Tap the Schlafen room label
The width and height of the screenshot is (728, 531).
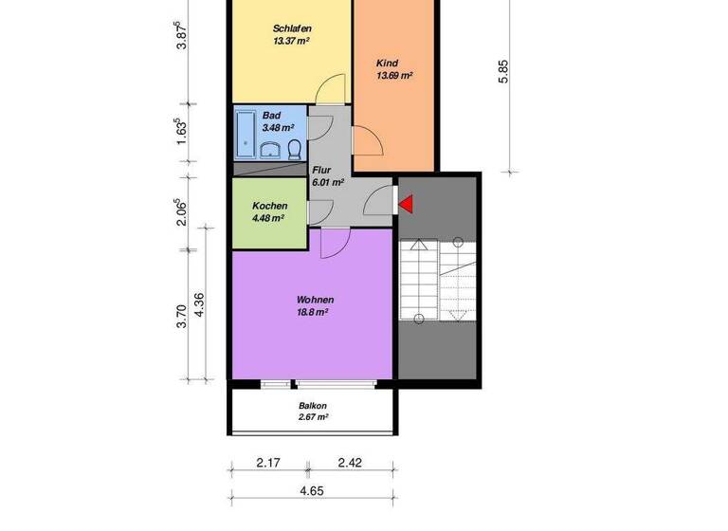pos(292,28)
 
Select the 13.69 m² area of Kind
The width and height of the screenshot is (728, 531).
pos(393,75)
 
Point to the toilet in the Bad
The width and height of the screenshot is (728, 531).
pos(295,148)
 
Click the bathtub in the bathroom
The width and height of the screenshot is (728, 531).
pos(246,134)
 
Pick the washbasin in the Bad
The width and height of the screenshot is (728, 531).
pos(271,150)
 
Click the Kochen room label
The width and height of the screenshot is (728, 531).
pos(269,206)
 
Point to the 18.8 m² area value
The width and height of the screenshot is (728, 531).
pos(312,311)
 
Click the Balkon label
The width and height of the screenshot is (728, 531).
pos(312,404)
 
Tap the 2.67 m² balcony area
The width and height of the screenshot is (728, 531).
pos(312,416)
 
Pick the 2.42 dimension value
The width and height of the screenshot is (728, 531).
pos(351,464)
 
